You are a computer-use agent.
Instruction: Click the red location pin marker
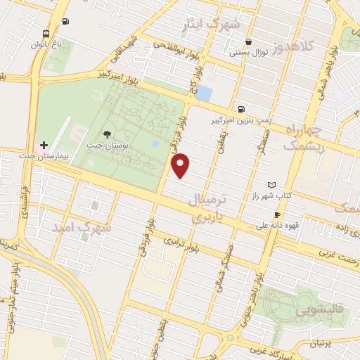point(181,165)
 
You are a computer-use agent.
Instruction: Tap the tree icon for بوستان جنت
point(107,134)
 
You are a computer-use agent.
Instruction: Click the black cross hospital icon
point(44,144)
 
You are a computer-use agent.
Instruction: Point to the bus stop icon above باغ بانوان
point(46,34)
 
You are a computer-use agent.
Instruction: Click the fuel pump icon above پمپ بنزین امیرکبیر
point(242,109)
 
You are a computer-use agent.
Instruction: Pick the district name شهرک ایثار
point(215,25)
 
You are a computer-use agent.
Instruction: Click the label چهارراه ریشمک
point(304,137)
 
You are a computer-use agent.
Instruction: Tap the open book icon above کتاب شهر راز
point(272,184)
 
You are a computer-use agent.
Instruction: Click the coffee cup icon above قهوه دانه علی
point(277,214)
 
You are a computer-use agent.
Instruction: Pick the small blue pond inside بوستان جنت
point(155,144)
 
